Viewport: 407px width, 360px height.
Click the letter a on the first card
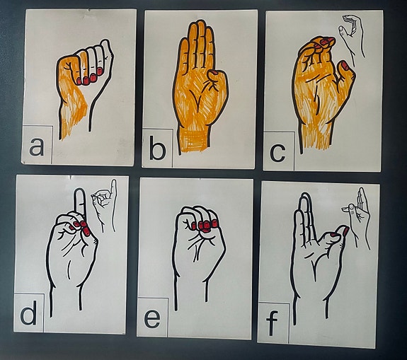[x=36, y=147]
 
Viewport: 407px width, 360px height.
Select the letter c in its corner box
[x=277, y=153]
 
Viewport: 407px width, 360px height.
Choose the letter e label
[x=152, y=319]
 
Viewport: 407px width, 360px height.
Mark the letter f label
[x=272, y=323]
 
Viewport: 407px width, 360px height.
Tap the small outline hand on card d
[x=104, y=205]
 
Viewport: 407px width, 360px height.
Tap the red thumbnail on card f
[x=346, y=231]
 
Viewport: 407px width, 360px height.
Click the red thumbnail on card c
[x=345, y=66]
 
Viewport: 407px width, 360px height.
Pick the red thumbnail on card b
[x=213, y=72]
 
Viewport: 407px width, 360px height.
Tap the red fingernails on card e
[x=204, y=226]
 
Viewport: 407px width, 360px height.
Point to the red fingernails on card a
[x=89, y=77]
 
